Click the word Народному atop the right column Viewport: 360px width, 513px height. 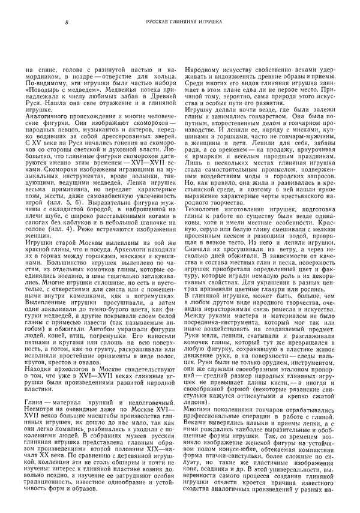click(x=203, y=71)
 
